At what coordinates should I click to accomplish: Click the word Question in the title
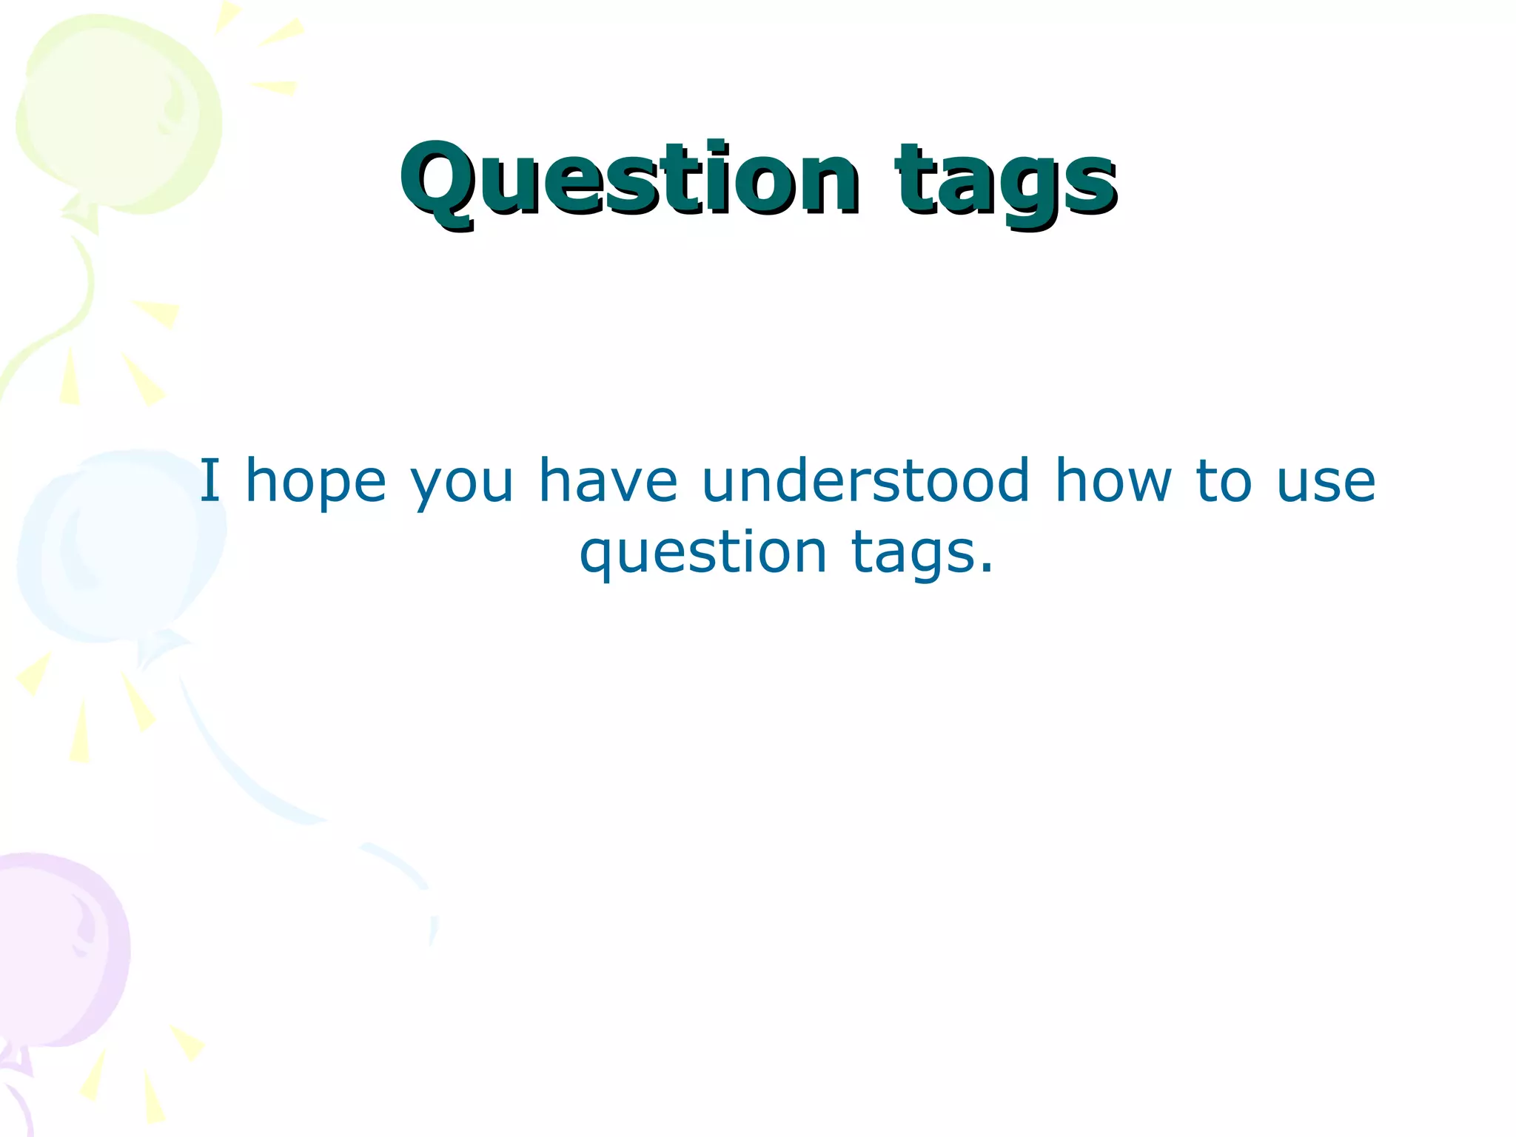click(x=629, y=179)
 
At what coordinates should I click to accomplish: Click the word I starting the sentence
click(x=210, y=481)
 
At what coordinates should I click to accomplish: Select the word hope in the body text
click(x=315, y=483)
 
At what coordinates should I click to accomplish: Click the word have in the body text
click(x=607, y=481)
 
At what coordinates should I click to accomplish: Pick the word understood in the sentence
click(x=865, y=481)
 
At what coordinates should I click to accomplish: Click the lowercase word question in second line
click(x=702, y=554)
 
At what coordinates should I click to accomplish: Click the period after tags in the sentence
click(x=985, y=570)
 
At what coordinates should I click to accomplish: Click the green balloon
click(x=118, y=111)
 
